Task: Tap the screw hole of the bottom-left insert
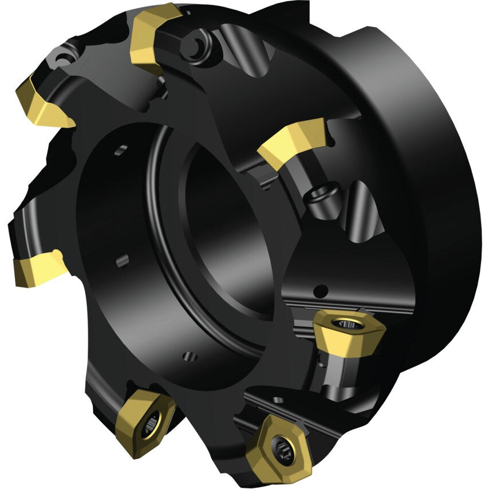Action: click(150, 423)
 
